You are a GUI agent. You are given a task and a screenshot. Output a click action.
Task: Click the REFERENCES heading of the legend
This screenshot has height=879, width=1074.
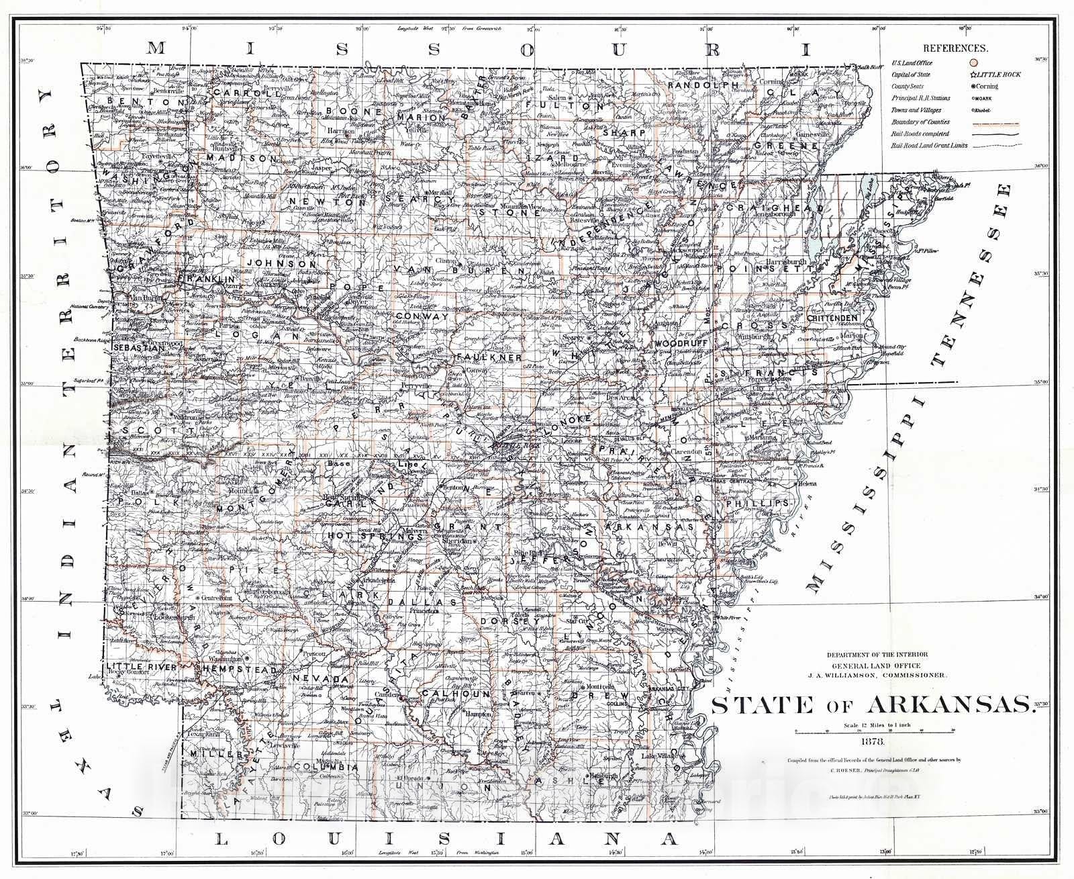pos(955,49)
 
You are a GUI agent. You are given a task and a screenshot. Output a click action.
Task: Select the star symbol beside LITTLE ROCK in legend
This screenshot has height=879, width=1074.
pos(973,75)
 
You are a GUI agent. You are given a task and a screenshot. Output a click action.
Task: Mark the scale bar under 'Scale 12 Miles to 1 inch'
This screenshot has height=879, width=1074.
pos(873,730)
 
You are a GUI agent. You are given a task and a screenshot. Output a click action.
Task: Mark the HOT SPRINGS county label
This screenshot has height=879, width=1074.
pos(358,536)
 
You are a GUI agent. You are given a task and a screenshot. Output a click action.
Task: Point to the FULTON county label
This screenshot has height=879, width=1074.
pos(565,106)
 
